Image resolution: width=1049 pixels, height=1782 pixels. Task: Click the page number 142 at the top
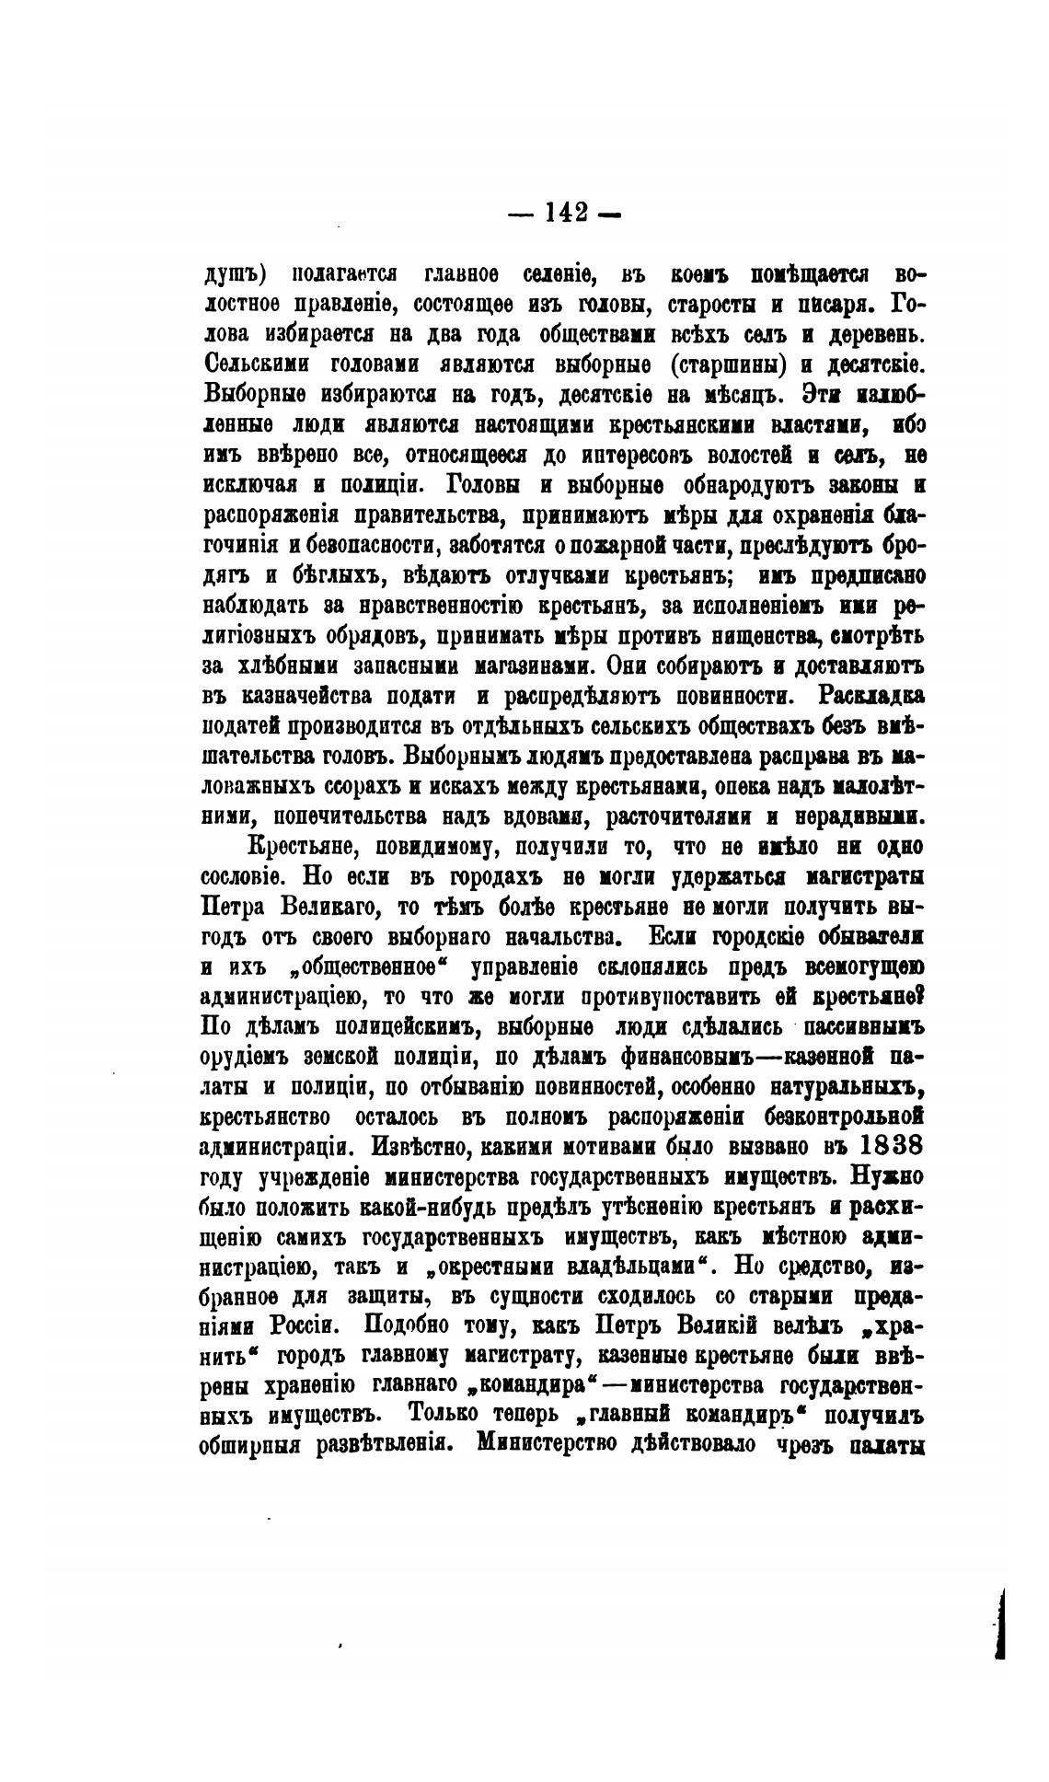(x=565, y=213)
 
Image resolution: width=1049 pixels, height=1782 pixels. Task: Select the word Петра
(x=237, y=908)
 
